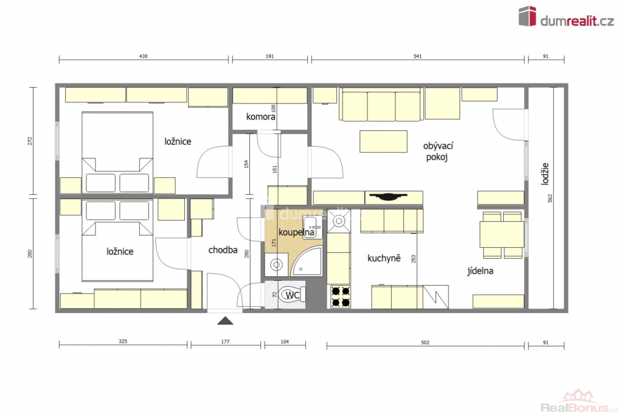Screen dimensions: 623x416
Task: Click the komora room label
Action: point(260,116)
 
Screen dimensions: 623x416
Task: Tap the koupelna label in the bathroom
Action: point(296,232)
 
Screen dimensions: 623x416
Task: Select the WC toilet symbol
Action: point(292,295)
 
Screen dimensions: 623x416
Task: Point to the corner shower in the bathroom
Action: point(307,261)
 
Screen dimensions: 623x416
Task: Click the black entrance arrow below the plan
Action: point(225,320)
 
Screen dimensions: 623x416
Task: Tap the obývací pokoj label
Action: point(438,151)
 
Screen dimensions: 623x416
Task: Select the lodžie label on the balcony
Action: point(545,174)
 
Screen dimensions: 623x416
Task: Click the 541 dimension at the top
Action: point(417,56)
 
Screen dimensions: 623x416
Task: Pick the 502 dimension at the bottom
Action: point(425,342)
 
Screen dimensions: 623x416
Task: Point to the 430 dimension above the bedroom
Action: point(144,56)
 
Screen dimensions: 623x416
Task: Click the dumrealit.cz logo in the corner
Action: point(566,16)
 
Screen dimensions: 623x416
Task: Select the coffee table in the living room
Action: point(383,141)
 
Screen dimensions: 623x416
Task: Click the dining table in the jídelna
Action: point(502,234)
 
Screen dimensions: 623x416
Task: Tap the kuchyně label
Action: point(384,258)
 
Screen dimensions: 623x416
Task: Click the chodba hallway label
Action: point(223,250)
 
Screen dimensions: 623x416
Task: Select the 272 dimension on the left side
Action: point(30,141)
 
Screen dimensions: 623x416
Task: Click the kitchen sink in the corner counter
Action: point(339,220)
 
